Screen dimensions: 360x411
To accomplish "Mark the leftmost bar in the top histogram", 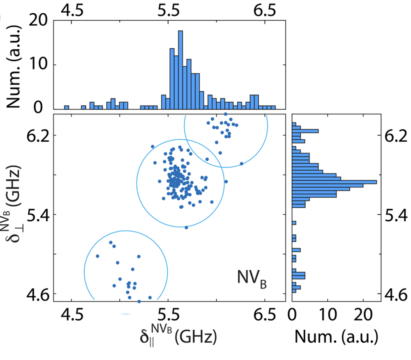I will (x=67, y=107).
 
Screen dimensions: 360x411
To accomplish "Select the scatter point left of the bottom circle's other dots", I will (x=98, y=256).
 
